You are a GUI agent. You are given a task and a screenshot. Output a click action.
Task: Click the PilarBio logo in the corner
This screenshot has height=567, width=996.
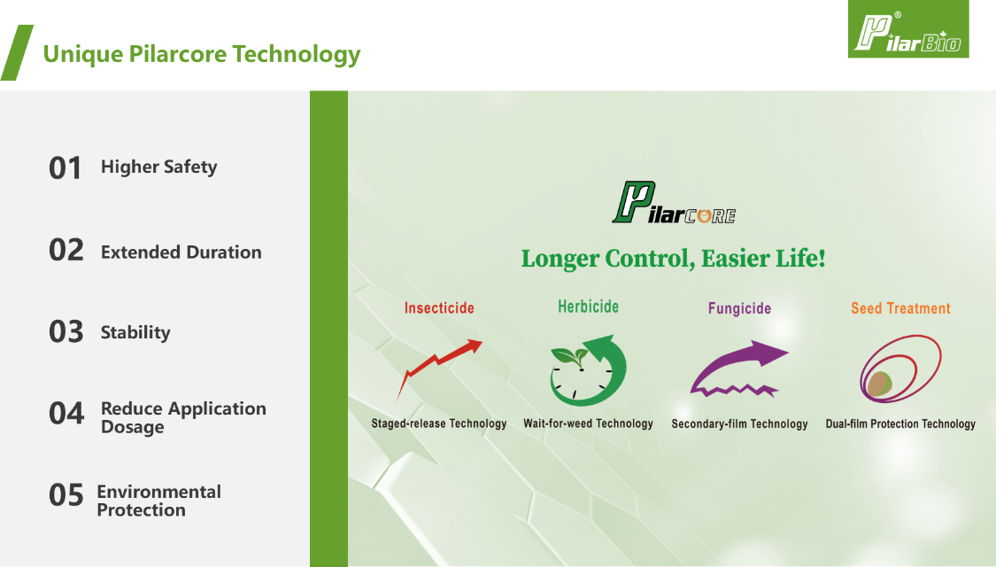tap(908, 29)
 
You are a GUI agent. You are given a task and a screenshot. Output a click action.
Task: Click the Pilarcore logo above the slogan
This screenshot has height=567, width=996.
tap(674, 203)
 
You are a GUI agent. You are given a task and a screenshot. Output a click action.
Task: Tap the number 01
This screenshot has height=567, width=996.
tap(66, 168)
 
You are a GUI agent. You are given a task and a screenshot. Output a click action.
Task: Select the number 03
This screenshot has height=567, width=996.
tap(66, 332)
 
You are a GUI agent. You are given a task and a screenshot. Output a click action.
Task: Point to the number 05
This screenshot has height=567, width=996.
tap(66, 495)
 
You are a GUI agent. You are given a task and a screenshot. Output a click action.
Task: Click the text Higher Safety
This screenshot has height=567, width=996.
tap(158, 167)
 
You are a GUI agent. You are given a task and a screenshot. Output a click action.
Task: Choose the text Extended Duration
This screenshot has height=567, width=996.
tap(181, 252)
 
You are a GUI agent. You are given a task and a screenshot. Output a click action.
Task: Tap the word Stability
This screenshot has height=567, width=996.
tap(135, 332)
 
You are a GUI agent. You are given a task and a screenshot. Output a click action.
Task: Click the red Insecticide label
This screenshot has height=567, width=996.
tap(439, 308)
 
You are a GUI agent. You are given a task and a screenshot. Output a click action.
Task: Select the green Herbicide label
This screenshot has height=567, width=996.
tap(588, 307)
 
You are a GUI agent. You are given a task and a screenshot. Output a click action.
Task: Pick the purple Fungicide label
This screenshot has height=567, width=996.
tap(739, 309)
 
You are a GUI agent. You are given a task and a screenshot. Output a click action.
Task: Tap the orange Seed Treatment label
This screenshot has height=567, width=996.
tap(900, 309)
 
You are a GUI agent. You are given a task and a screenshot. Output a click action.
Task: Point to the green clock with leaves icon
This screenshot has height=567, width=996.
tap(588, 370)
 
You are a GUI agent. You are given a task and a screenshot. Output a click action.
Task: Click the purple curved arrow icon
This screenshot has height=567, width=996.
tap(739, 369)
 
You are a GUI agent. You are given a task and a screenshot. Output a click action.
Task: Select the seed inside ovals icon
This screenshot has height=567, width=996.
tap(900, 369)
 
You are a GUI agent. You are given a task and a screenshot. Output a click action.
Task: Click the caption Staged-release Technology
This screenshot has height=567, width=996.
tap(439, 424)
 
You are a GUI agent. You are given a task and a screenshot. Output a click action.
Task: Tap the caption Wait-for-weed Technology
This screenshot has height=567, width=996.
tap(588, 424)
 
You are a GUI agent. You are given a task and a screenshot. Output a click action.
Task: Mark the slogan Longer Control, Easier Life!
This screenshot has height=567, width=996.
tap(674, 259)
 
